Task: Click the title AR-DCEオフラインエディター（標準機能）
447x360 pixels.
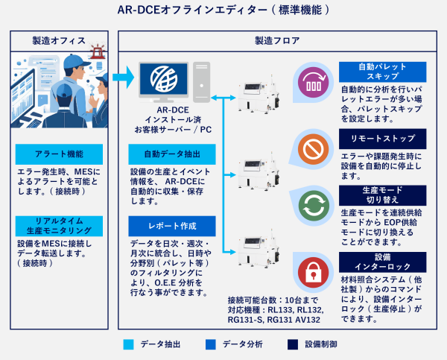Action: [223, 10]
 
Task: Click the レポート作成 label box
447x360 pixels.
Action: [173, 225]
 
